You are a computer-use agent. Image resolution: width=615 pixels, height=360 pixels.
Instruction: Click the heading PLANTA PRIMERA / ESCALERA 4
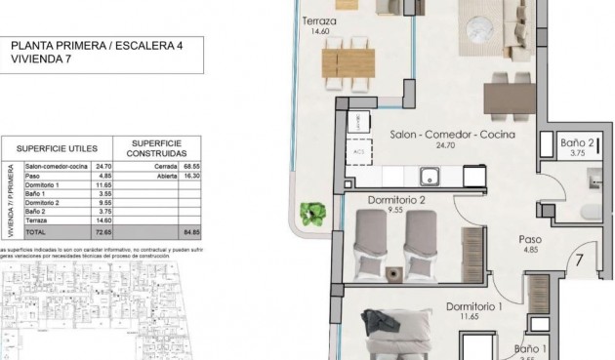96,45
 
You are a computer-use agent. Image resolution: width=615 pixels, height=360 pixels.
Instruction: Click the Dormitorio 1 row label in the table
44,184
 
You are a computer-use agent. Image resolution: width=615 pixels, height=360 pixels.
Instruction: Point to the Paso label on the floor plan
531,237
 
